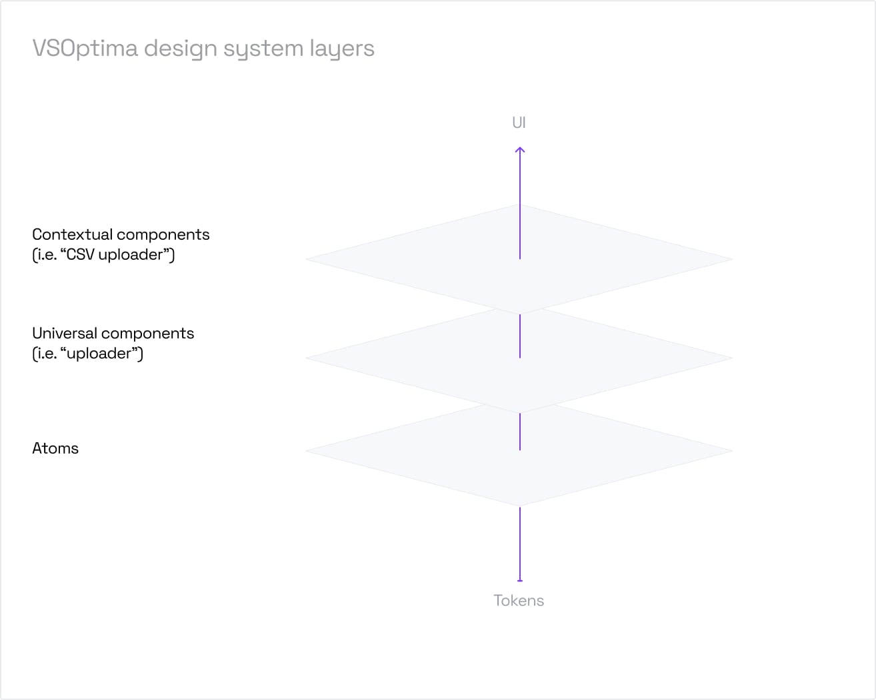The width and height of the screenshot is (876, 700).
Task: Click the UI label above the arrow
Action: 519,123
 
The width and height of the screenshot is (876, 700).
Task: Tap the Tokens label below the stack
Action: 519,600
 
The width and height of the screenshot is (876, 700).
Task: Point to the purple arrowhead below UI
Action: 520,150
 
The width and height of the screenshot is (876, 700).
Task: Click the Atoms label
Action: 55,448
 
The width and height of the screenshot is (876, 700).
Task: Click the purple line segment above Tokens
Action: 520,543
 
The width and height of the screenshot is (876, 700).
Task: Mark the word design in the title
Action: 180,49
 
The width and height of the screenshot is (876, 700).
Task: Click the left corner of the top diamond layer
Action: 307,259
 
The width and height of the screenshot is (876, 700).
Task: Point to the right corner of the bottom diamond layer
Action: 731,451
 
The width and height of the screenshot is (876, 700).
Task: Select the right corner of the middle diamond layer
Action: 731,358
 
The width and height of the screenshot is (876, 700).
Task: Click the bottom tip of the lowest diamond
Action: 520,505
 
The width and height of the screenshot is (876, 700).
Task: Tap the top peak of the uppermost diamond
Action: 520,205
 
